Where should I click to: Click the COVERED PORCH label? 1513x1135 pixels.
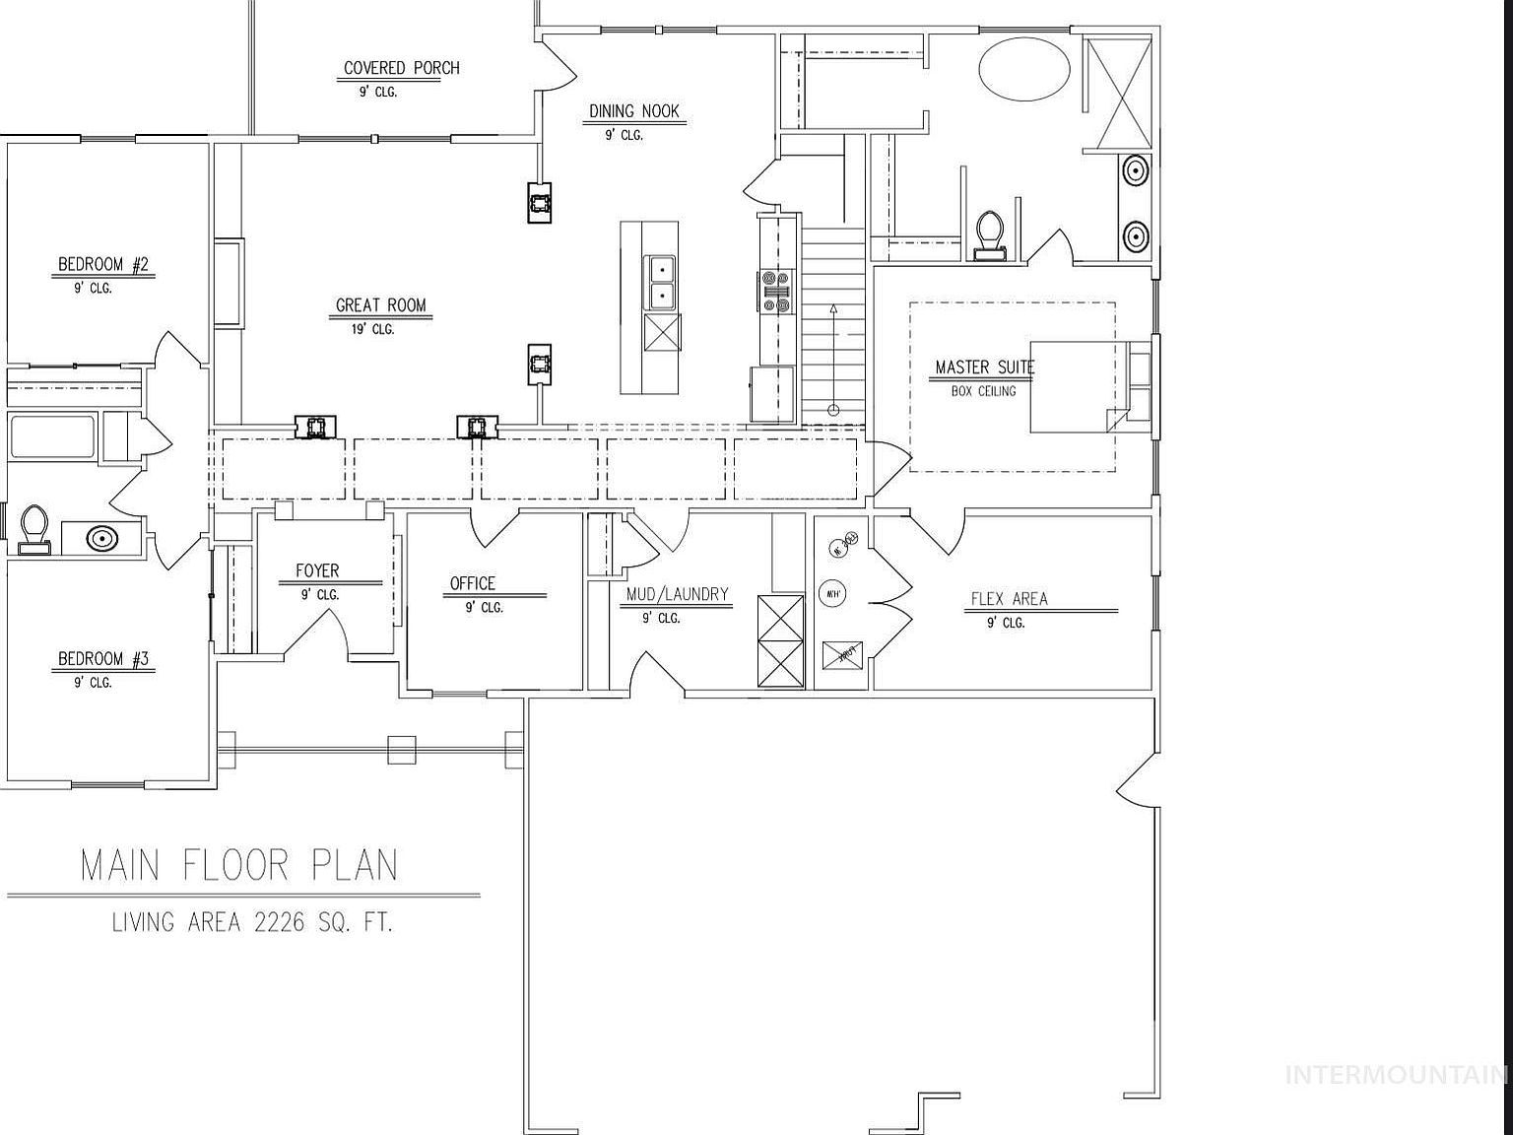[x=401, y=68]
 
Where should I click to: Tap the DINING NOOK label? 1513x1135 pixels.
[x=634, y=111]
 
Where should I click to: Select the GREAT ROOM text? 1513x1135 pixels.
[x=380, y=305]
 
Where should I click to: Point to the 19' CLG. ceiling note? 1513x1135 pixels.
[x=373, y=329]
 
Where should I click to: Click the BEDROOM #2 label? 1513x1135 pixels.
[x=102, y=264]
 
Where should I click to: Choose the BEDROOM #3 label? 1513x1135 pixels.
[x=102, y=659]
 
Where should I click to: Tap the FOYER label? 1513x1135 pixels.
[x=317, y=570]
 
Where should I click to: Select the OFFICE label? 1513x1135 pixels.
[x=472, y=583]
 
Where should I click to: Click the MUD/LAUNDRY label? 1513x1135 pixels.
[x=677, y=594]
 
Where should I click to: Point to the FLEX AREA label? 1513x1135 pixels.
[x=1009, y=599]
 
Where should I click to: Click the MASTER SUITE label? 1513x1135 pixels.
[x=984, y=367]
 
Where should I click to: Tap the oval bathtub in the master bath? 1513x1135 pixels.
[x=1023, y=68]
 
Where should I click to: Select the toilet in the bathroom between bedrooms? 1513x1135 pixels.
[x=34, y=528]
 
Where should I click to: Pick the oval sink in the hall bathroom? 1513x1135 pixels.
[x=101, y=538]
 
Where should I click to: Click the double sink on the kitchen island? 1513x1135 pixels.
[x=662, y=282]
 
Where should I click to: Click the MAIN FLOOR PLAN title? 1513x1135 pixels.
[x=239, y=865]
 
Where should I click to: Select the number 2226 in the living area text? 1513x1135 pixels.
[x=282, y=922]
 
